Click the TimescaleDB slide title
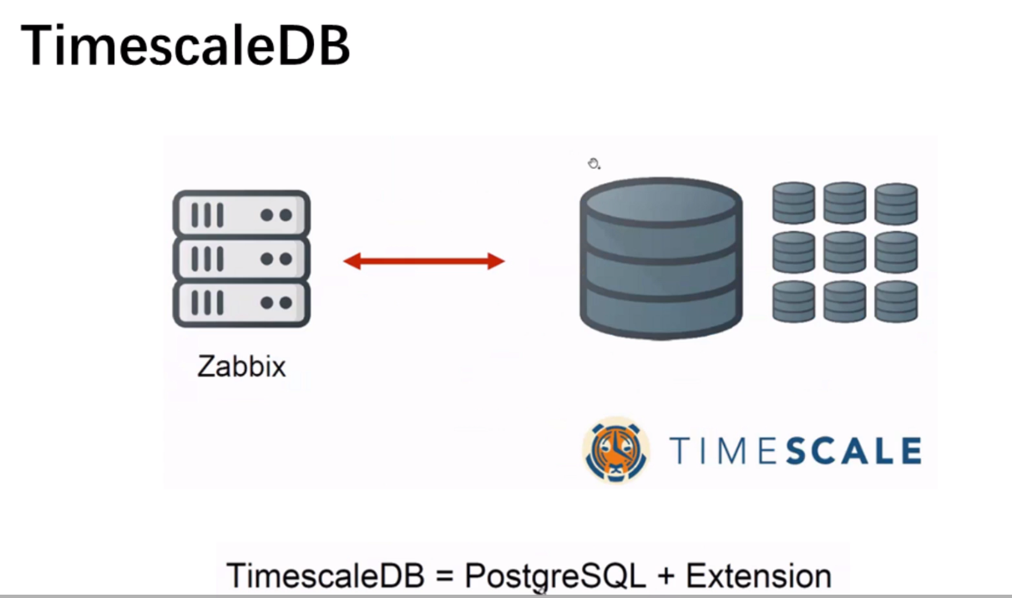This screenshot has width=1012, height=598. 185,45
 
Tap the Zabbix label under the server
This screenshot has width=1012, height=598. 241,366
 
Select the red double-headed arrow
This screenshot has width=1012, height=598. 424,261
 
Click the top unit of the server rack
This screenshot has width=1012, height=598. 241,214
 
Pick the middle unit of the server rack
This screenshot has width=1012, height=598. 241,259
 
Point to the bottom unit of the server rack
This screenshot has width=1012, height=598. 241,303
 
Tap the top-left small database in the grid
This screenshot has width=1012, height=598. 793,203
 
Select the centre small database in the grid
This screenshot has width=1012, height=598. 845,252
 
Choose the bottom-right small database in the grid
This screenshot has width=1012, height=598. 896,301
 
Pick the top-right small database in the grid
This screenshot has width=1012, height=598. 896,203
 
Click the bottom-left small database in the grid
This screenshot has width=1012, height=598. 793,301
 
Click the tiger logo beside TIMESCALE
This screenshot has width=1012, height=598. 616,451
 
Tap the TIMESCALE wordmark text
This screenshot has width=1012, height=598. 796,451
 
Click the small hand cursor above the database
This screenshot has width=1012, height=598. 594,163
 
